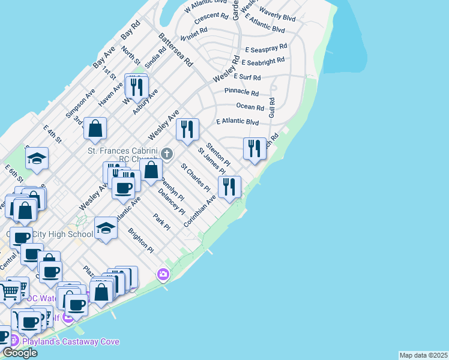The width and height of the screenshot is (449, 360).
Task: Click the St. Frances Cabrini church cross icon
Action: (x=168, y=153)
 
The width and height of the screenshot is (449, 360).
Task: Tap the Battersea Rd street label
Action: (x=175, y=50)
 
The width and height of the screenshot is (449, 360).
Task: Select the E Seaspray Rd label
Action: (x=266, y=46)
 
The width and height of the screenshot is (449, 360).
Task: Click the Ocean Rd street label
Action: (x=250, y=107)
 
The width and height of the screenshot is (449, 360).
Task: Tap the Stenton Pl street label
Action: (x=218, y=154)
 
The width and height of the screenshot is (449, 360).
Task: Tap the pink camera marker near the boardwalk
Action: (x=163, y=275)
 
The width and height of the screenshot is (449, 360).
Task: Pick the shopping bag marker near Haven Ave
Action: (x=95, y=128)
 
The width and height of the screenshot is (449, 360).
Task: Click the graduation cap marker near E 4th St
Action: (x=37, y=159)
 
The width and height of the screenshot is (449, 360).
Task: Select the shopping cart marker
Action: (x=10, y=291)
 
